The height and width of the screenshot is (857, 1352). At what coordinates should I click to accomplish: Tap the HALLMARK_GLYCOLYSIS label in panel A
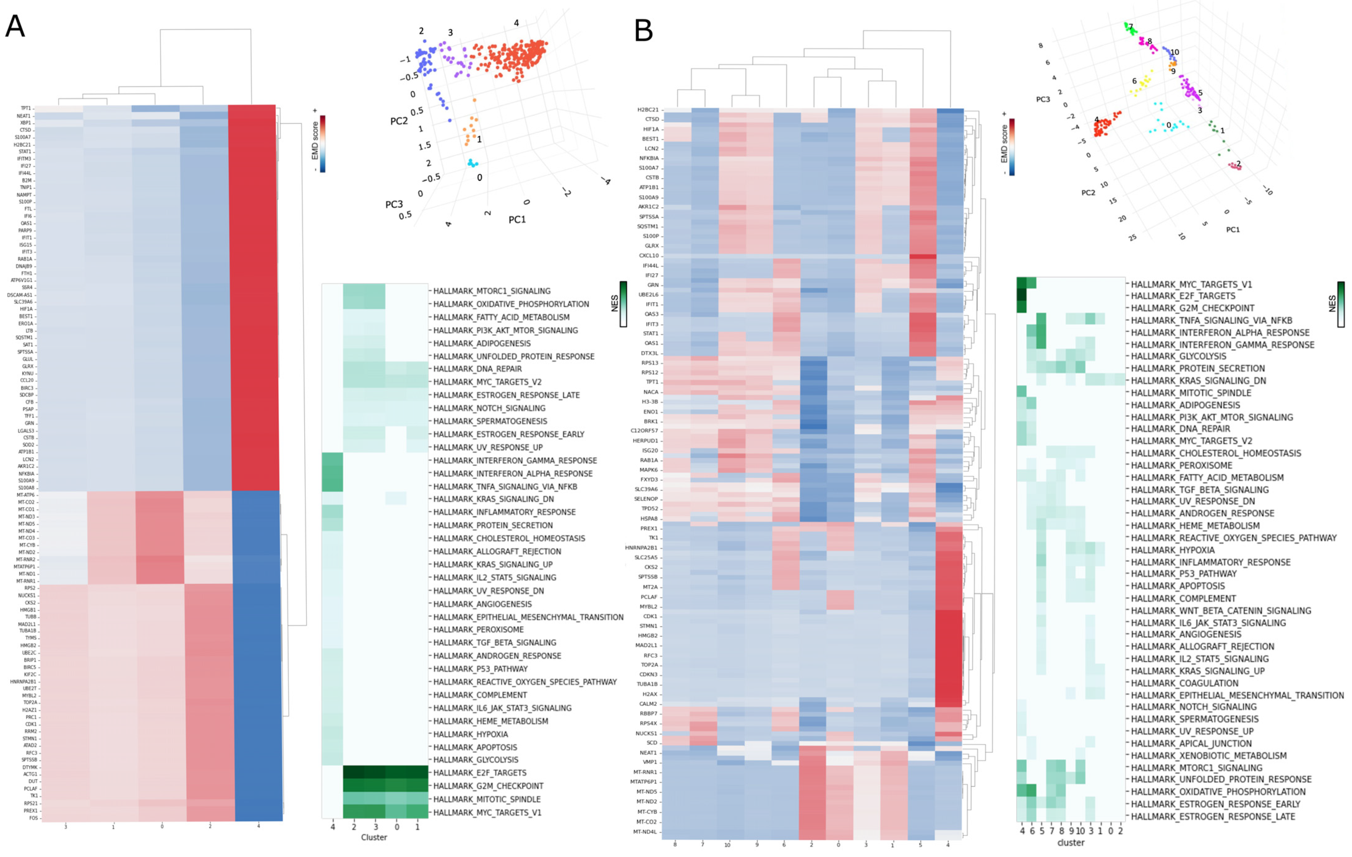click(x=476, y=760)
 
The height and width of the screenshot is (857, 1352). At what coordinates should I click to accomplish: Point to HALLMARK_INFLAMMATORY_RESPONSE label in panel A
click(x=504, y=512)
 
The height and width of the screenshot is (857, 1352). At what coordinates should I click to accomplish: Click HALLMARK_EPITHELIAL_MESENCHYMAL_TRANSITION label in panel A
click(x=528, y=617)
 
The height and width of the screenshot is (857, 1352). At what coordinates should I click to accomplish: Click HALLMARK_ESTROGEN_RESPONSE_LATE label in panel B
click(x=1213, y=816)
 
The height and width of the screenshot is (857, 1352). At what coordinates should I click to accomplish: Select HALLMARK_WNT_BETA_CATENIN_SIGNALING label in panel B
click(x=1221, y=610)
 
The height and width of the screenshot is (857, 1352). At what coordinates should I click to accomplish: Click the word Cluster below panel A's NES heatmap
click(x=374, y=837)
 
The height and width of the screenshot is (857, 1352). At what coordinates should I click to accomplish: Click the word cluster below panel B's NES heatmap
click(x=1071, y=842)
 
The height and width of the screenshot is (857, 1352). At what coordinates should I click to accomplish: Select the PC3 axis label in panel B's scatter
click(x=1043, y=99)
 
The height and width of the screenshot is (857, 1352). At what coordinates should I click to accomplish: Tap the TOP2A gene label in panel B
click(x=650, y=665)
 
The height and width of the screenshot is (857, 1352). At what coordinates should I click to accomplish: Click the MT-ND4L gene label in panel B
click(x=646, y=832)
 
